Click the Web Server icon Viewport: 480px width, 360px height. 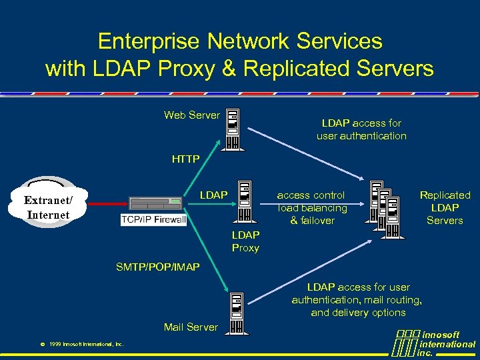[233, 130]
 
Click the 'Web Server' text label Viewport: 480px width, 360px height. [191, 115]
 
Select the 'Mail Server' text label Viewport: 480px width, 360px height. [191, 327]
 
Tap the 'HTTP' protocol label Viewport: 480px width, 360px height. [185, 159]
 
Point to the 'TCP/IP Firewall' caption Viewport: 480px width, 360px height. [154, 219]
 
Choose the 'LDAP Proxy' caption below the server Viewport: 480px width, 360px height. [245, 241]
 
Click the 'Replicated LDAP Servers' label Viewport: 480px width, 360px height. [445, 207]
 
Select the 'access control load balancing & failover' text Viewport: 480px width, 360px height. [311, 207]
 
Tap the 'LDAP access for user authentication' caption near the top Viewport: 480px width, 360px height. [361, 129]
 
